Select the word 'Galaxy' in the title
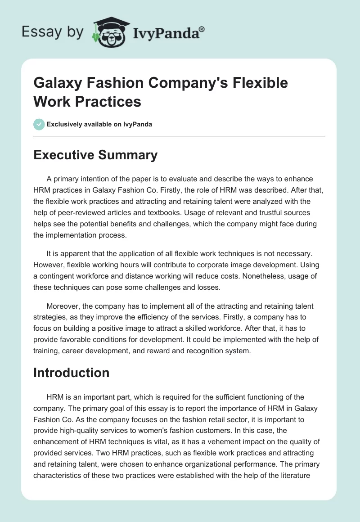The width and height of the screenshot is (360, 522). pos(58,83)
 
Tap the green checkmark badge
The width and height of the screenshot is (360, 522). pos(39,124)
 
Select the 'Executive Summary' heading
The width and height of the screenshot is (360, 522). pos(95,155)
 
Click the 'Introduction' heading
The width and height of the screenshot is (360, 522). pos(72,373)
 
